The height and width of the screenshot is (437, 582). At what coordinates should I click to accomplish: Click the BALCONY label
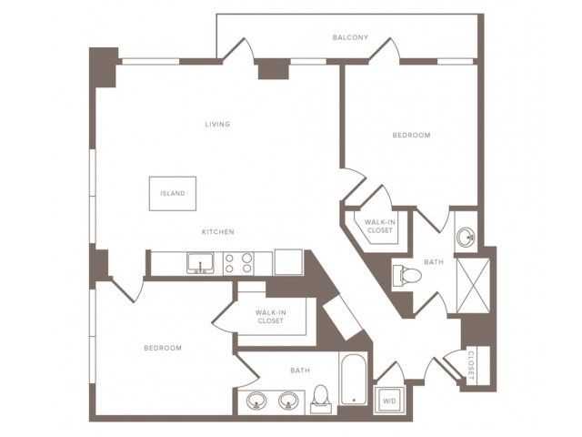coord(350,37)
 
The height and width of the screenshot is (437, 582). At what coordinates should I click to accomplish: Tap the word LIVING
coord(217,124)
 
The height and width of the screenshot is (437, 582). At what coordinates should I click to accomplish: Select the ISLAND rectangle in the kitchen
coord(173,194)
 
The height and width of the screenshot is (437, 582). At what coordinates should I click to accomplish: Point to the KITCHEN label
coord(218,232)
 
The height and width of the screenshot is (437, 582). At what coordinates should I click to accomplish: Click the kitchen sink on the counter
coord(200,263)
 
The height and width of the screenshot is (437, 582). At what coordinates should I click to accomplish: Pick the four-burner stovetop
coord(238,263)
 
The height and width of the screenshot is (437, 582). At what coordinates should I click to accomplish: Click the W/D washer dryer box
coord(389,401)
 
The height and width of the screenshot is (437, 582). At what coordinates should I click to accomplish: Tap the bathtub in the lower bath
coord(354,379)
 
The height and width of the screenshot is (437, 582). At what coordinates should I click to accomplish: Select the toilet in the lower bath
coord(321,399)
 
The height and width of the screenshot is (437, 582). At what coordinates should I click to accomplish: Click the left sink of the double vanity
coord(256,401)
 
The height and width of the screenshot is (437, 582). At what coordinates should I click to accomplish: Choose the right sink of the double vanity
coord(288,401)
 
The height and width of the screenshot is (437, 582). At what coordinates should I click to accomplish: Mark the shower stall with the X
coord(473,285)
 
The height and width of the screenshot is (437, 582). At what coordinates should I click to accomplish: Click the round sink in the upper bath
coord(466,236)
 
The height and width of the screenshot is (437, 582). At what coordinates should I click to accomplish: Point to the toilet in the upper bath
coord(406,275)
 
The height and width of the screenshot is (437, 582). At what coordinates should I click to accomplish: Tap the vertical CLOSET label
coord(471,365)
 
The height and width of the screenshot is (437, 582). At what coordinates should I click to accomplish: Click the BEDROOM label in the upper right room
coord(412,135)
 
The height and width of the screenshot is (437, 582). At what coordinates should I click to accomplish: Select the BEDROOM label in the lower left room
coord(163,348)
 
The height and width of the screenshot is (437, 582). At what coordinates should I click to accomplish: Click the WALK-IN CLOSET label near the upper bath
coord(380,227)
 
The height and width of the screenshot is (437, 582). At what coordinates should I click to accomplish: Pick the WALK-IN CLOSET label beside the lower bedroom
coord(271,317)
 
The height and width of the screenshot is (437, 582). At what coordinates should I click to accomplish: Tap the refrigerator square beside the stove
coord(288,262)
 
